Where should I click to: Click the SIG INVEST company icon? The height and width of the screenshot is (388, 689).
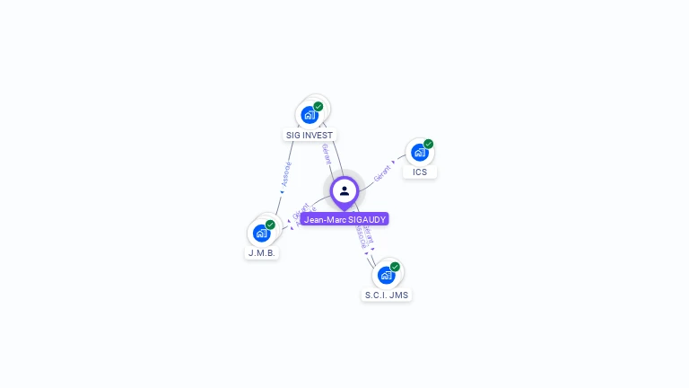click(310, 115)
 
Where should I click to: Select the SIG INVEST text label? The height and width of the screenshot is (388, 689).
click(310, 136)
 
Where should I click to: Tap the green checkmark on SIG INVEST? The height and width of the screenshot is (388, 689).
click(318, 106)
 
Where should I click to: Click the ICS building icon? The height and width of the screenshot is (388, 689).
click(419, 153)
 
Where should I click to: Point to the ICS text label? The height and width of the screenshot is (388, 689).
click(420, 172)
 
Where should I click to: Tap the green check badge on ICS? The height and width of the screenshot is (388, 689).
click(429, 144)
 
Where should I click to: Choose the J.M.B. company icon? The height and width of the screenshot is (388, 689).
click(261, 234)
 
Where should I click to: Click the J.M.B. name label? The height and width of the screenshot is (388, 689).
click(262, 253)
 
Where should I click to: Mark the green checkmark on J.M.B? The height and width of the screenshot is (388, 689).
click(270, 225)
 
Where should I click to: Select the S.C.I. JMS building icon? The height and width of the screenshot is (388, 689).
click(386, 275)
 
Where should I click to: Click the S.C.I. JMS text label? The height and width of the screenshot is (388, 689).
click(387, 295)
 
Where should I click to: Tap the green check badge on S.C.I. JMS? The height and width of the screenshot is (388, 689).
click(395, 267)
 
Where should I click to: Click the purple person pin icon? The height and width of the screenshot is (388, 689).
click(344, 191)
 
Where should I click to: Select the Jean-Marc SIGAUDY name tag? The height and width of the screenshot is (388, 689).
click(344, 219)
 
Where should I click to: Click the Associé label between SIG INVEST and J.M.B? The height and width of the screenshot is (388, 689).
click(286, 173)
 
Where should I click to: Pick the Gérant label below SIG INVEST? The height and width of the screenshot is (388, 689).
click(327, 154)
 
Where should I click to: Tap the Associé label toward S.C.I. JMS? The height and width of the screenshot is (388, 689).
click(361, 238)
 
